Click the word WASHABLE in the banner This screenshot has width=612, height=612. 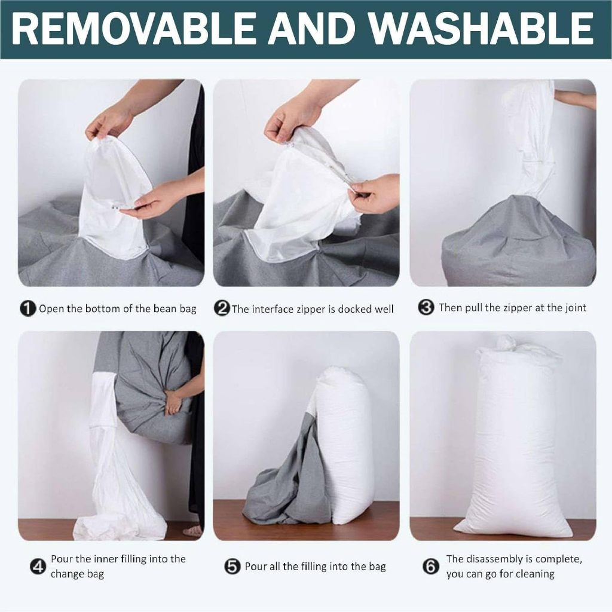(481, 28)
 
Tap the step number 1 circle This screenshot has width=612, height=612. (27, 309)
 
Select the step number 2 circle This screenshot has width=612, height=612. (222, 309)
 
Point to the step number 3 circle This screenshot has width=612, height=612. (426, 307)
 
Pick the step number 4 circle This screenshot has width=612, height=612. (38, 567)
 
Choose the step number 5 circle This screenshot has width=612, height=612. (232, 567)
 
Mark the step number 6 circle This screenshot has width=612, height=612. (430, 567)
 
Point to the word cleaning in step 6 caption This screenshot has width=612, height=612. (535, 574)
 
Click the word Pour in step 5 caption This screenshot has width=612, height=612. (255, 567)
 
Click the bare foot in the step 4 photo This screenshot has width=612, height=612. (193, 531)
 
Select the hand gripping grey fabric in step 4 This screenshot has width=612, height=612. (173, 403)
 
